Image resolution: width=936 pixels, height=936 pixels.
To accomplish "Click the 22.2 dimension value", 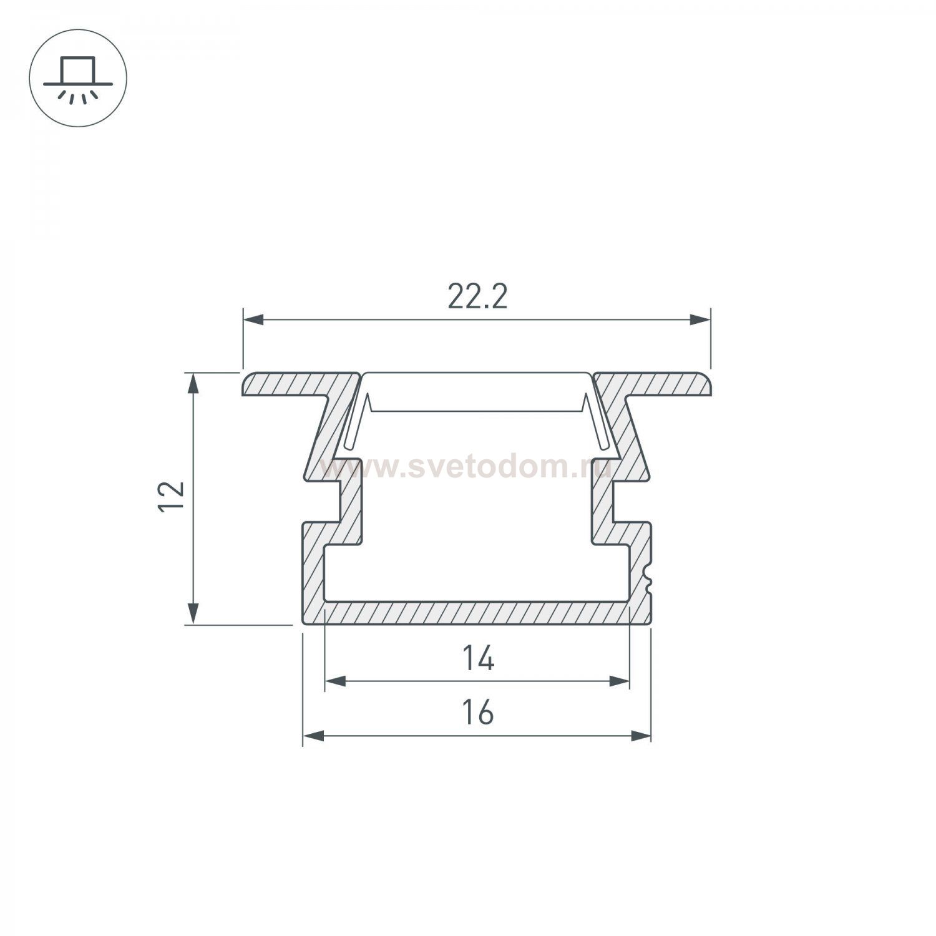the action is [477, 298].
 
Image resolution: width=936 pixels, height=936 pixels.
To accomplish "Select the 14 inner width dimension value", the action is [479, 659].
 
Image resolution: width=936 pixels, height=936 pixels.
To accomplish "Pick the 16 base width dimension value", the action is [478, 713].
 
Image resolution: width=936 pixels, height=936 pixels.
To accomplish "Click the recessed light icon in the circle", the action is [78, 78].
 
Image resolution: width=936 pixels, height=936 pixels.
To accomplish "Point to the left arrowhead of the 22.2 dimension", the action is [253, 320].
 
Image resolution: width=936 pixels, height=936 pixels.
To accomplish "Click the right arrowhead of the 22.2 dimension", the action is [701, 320].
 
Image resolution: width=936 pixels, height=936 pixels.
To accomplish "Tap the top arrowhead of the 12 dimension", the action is [194, 383].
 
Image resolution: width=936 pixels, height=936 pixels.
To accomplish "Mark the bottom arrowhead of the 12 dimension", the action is [194, 613].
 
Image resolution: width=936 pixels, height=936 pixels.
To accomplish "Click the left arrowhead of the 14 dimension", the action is [335, 681].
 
